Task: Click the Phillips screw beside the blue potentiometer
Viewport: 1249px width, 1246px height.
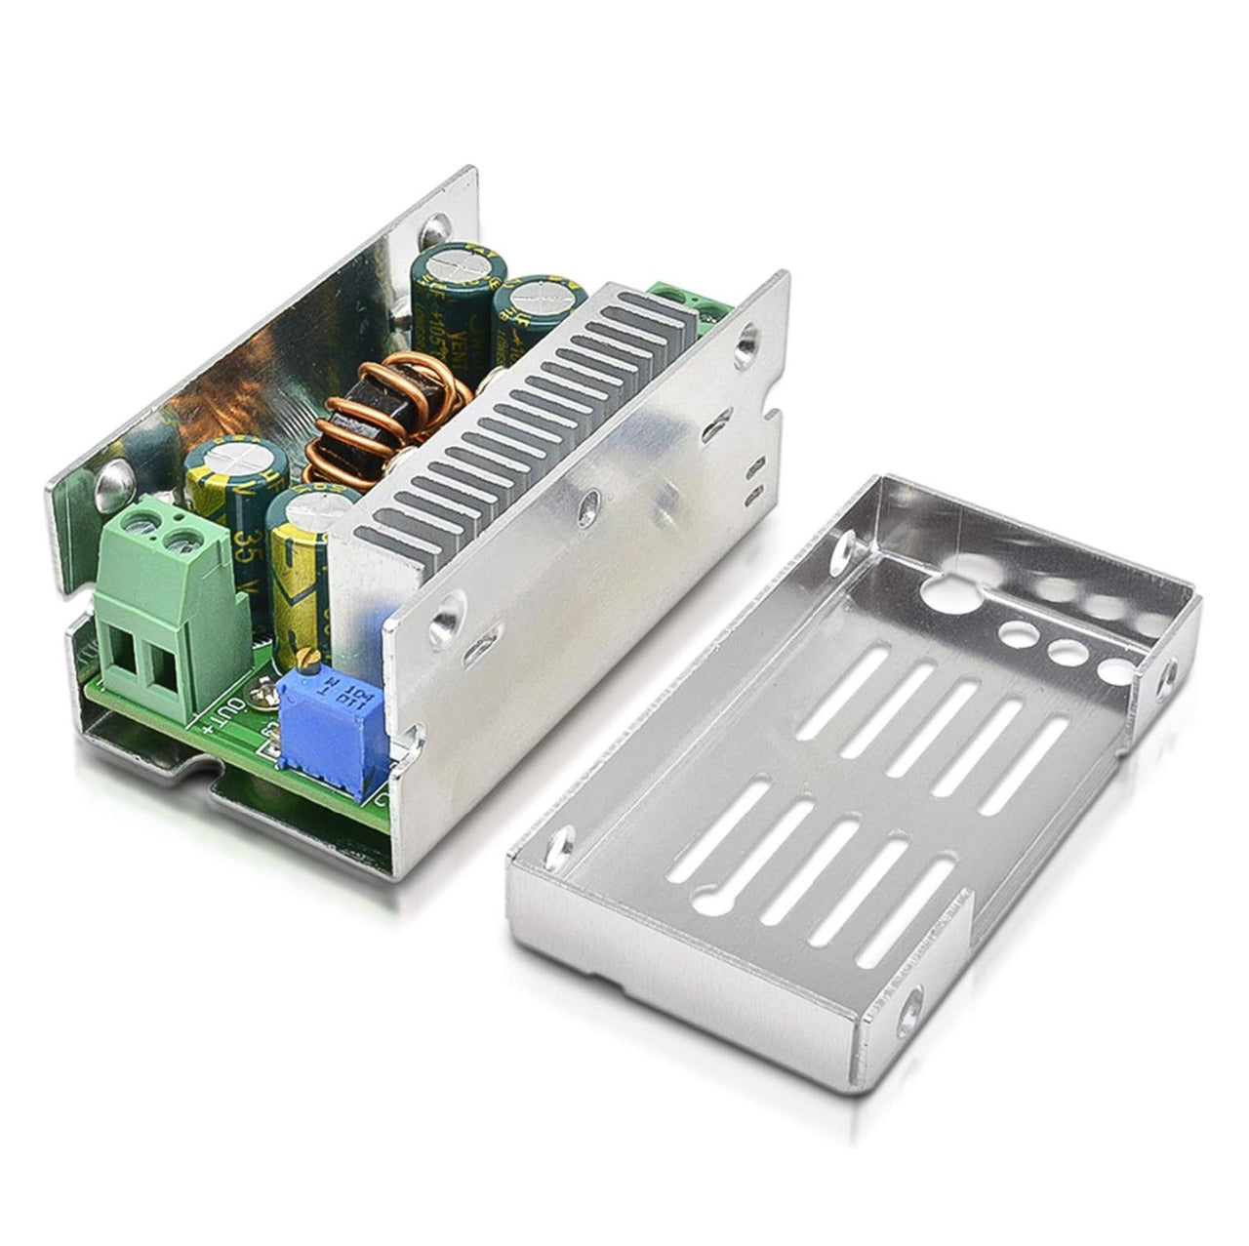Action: click(261, 696)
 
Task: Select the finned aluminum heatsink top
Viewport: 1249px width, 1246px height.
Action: click(517, 410)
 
